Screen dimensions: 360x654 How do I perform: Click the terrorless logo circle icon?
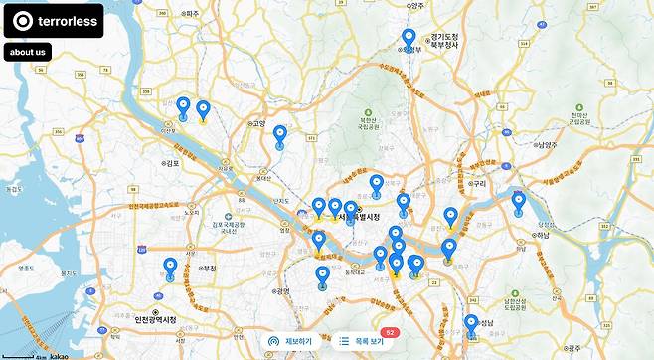pyautogui.click(x=22, y=20)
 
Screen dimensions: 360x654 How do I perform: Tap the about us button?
pyautogui.click(x=27, y=52)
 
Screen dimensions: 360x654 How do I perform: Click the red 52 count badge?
pyautogui.click(x=390, y=332)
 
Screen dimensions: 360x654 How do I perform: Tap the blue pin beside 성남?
pyautogui.click(x=471, y=323)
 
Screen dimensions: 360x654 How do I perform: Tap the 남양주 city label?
pyautogui.click(x=545, y=144)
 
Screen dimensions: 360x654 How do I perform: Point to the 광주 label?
pyautogui.click(x=573, y=348)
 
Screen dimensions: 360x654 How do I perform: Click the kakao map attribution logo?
pyautogui.click(x=59, y=355)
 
